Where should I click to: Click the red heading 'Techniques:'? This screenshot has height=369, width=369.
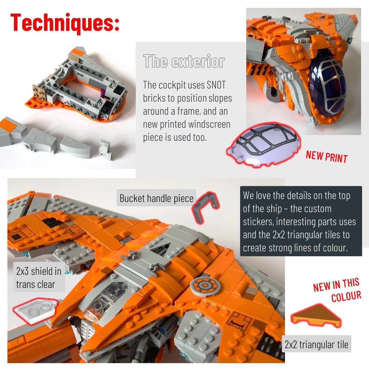(x=65, y=23)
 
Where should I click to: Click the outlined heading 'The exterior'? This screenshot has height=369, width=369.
(x=184, y=61)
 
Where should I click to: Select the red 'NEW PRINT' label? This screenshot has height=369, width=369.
(x=327, y=157)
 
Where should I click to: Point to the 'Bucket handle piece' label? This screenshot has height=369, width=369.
(x=156, y=198)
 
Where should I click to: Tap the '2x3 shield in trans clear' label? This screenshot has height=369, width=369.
(x=39, y=277)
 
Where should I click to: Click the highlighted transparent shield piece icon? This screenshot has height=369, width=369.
(x=35, y=310)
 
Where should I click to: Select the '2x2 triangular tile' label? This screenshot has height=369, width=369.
(x=316, y=344)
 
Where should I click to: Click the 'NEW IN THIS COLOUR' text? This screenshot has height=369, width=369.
(x=337, y=290)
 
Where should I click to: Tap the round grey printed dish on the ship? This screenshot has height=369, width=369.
(x=205, y=285)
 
